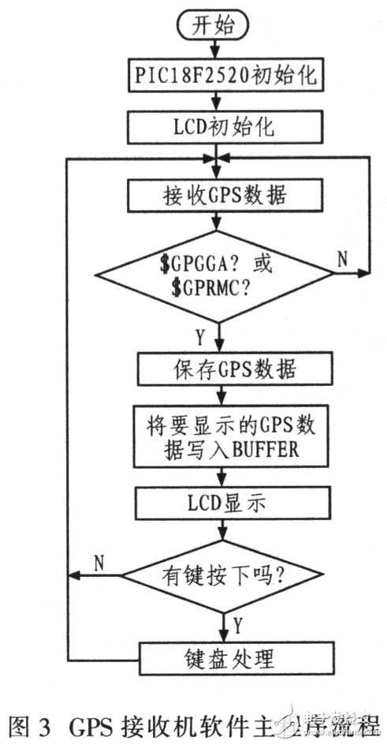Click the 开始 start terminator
(x=214, y=26)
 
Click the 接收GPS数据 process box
(x=214, y=193)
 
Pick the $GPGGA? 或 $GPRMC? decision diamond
(x=214, y=275)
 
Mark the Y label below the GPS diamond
(x=200, y=338)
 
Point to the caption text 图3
(x=25, y=725)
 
